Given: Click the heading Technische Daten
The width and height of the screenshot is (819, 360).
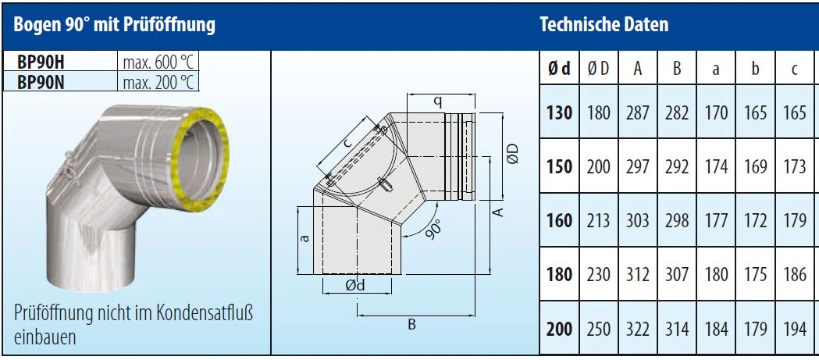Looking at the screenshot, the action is pyautogui.click(x=604, y=24).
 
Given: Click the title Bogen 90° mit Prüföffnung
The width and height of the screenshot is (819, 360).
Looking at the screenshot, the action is pyautogui.click(x=115, y=25).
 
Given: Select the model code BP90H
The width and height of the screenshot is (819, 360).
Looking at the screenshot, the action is pyautogui.click(x=41, y=62).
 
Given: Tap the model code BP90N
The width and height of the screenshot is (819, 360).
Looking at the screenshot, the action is pyautogui.click(x=41, y=83).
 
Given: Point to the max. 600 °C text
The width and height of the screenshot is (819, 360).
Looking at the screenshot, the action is pyautogui.click(x=158, y=62).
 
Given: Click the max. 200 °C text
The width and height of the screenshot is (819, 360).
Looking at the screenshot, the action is pyautogui.click(x=158, y=83).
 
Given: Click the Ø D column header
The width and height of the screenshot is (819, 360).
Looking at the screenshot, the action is pyautogui.click(x=599, y=69).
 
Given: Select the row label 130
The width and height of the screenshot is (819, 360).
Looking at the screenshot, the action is pyautogui.click(x=560, y=112).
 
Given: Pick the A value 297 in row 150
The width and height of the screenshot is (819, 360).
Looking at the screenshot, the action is pyautogui.click(x=638, y=166).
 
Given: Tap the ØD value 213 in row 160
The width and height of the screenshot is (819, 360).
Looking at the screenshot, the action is pyautogui.click(x=599, y=220).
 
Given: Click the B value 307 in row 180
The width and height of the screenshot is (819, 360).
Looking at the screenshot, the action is pyautogui.click(x=677, y=274).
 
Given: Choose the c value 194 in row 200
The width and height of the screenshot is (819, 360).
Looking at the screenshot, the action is pyautogui.click(x=795, y=330).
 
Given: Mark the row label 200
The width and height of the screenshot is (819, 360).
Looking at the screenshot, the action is pyautogui.click(x=560, y=330).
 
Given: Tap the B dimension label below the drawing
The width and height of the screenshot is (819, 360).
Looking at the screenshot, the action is pyautogui.click(x=411, y=325).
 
